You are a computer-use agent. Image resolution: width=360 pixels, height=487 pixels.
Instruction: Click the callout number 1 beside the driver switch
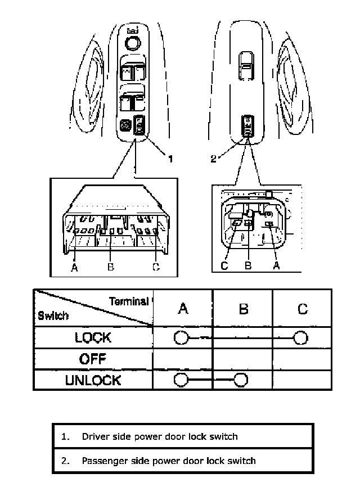click(170, 159)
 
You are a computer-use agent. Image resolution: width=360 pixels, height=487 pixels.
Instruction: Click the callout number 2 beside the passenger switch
click(213, 159)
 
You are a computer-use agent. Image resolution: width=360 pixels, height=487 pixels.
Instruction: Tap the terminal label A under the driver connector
click(74, 267)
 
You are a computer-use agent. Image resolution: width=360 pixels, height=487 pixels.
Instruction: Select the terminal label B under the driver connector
click(111, 267)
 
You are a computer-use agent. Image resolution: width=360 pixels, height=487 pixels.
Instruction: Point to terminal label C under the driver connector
click(156, 267)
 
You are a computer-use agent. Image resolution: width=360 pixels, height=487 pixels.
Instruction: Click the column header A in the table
click(182, 308)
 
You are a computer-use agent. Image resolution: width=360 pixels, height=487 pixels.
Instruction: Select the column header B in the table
click(243, 308)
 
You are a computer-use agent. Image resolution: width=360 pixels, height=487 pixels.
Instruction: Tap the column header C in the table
click(302, 308)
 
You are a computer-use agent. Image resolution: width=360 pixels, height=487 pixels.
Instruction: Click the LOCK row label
click(93, 337)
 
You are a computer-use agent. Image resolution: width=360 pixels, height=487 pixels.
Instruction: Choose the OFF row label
click(93, 359)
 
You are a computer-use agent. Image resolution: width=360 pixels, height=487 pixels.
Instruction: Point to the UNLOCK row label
click(93, 380)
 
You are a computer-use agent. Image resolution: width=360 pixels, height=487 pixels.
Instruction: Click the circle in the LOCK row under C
click(301, 337)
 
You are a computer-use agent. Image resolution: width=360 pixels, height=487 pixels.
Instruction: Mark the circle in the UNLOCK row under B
click(241, 380)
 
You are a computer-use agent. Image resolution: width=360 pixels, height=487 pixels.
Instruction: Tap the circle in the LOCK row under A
click(181, 337)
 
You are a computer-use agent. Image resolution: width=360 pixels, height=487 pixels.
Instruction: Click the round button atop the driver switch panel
click(133, 43)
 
